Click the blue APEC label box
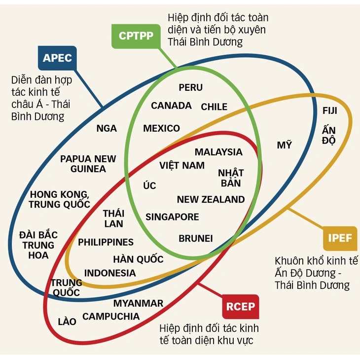pos(57,58)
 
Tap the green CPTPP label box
pos(136,36)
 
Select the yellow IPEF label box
pos(340,238)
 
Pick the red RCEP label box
pos(241,307)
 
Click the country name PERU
pos(190,87)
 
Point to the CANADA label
pos(171,106)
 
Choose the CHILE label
pos(214,107)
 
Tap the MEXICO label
pos(161,128)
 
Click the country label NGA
pos(107,128)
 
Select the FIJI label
pos(330,110)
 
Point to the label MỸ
pos(284,144)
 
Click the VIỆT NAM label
pos(182,165)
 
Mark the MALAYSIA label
pos(218,152)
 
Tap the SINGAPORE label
pos(172,217)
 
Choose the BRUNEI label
pos(196,239)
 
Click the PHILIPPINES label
pos(106,242)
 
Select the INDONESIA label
pos(110,273)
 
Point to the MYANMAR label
pos(138,303)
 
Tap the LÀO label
pos(67,321)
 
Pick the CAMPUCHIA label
pos(111,317)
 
